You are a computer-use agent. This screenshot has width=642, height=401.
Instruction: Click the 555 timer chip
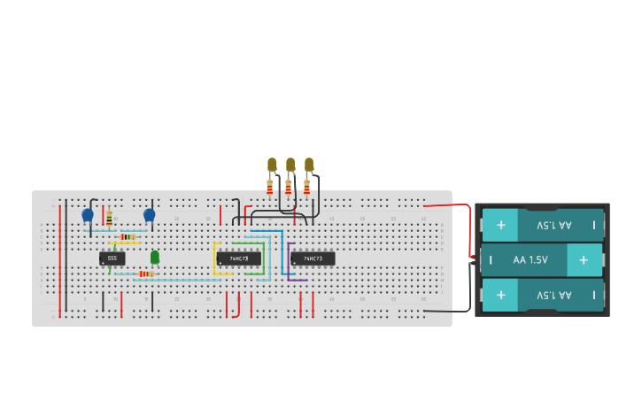(112, 258)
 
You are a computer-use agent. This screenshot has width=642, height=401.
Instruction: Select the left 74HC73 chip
(238, 258)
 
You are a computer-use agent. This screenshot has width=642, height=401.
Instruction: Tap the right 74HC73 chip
(313, 258)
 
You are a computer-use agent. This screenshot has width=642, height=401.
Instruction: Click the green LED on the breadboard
(155, 257)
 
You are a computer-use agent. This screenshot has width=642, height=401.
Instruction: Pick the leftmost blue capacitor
(88, 214)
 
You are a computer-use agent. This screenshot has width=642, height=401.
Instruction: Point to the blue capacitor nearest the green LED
(149, 214)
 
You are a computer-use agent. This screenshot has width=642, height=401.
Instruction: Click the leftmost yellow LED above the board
(272, 164)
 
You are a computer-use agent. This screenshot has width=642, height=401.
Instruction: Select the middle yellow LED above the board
(290, 164)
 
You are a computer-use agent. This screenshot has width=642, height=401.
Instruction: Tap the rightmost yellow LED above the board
(309, 164)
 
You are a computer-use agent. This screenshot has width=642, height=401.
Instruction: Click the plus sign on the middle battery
(584, 260)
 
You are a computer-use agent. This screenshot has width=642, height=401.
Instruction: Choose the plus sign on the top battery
(501, 225)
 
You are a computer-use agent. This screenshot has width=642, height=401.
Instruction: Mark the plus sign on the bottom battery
(501, 295)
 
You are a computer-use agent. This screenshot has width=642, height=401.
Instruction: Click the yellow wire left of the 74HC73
(214, 258)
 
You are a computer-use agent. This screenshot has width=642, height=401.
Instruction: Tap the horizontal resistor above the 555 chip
(128, 236)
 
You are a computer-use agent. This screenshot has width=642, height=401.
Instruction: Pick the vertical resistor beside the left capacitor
(109, 218)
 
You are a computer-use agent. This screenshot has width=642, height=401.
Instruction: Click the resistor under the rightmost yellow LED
(306, 187)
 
